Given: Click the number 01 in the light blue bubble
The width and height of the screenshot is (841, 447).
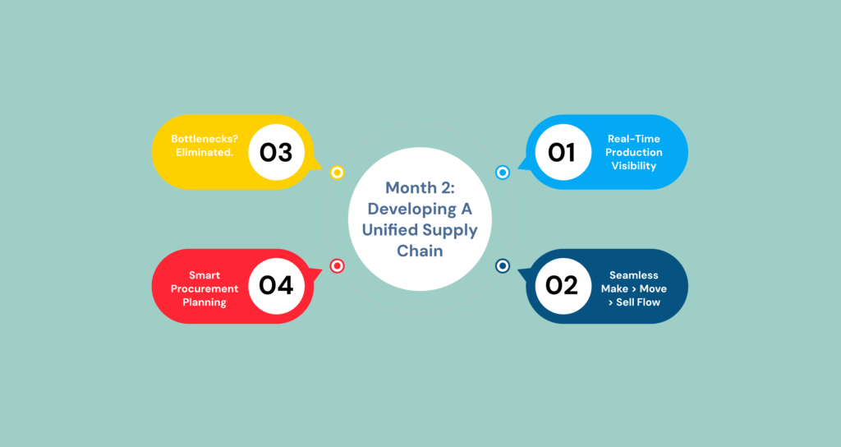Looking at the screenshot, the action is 562,152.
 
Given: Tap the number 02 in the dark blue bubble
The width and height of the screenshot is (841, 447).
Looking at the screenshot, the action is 562,285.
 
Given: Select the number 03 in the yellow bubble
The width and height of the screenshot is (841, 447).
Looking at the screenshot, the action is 276,152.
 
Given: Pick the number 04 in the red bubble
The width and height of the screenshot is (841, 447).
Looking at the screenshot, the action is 276,285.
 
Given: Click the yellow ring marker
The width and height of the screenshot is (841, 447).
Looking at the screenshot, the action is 337,173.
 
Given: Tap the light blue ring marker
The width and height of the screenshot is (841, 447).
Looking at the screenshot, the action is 503,173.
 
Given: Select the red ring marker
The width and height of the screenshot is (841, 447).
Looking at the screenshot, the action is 337,265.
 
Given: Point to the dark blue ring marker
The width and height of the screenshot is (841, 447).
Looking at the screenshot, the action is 503,265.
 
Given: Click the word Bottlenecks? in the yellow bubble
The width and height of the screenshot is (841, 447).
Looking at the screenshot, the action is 205,139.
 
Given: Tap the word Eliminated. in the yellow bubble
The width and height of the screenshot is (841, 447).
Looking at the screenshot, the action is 205,152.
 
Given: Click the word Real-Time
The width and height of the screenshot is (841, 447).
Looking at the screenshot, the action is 633,139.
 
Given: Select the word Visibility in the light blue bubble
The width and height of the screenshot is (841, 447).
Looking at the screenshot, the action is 633,166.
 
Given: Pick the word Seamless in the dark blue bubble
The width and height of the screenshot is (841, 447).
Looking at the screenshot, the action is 633,275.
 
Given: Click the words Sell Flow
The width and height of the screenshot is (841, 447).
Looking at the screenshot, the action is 637,302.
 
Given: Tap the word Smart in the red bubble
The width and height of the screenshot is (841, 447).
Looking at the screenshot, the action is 205,275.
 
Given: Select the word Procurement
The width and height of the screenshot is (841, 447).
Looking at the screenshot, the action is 205,288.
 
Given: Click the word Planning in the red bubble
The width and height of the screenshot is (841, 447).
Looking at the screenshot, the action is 205,302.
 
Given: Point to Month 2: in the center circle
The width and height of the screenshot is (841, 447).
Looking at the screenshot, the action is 420,188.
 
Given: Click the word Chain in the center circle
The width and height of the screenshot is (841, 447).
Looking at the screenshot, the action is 420,251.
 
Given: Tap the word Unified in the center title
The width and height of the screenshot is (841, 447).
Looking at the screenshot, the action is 388,230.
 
